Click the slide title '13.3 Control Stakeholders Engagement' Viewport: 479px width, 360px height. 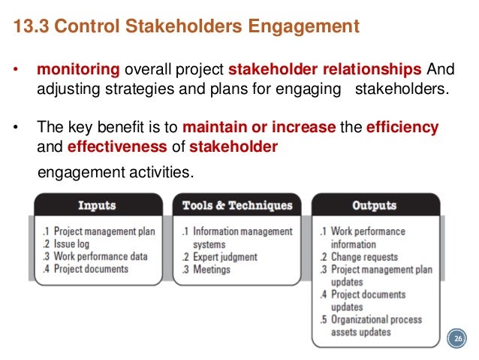coord(187,28)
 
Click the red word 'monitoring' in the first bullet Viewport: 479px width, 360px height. coord(78,70)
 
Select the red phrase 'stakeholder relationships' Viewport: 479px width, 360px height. coord(324,70)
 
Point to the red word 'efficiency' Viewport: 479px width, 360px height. coord(402,127)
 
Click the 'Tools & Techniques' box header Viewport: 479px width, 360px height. coord(236,205)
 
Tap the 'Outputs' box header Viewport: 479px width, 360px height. coord(374,205)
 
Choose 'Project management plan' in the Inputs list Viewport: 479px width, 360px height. coord(104,231)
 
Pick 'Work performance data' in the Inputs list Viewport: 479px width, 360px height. coord(101,256)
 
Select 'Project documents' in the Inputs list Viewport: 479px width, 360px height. coord(91,269)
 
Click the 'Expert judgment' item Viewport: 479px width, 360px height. coord(224,257)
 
